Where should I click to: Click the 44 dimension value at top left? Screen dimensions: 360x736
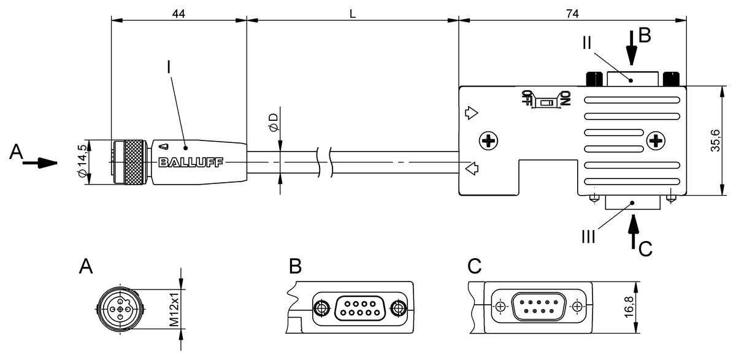[x=178, y=13]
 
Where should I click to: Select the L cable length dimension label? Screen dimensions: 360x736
[x=353, y=13]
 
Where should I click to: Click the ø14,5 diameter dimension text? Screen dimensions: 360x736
[x=80, y=162]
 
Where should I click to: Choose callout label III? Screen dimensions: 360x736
[x=588, y=236]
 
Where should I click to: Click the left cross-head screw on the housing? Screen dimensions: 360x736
[x=489, y=142]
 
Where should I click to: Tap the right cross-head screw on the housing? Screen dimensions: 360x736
[x=656, y=141]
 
